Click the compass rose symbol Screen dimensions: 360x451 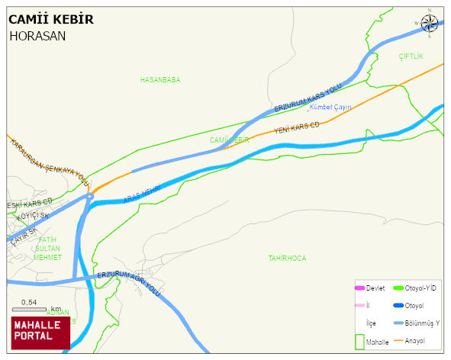(430, 21)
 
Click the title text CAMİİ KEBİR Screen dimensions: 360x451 (51, 19)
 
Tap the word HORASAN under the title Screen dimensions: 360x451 (37, 35)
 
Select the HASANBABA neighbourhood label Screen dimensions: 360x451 (160, 79)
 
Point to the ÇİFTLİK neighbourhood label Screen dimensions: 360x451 (411, 57)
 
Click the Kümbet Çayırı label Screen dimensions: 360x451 (330, 108)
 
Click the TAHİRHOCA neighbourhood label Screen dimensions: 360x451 (287, 259)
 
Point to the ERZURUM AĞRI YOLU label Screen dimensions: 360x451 (130, 283)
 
